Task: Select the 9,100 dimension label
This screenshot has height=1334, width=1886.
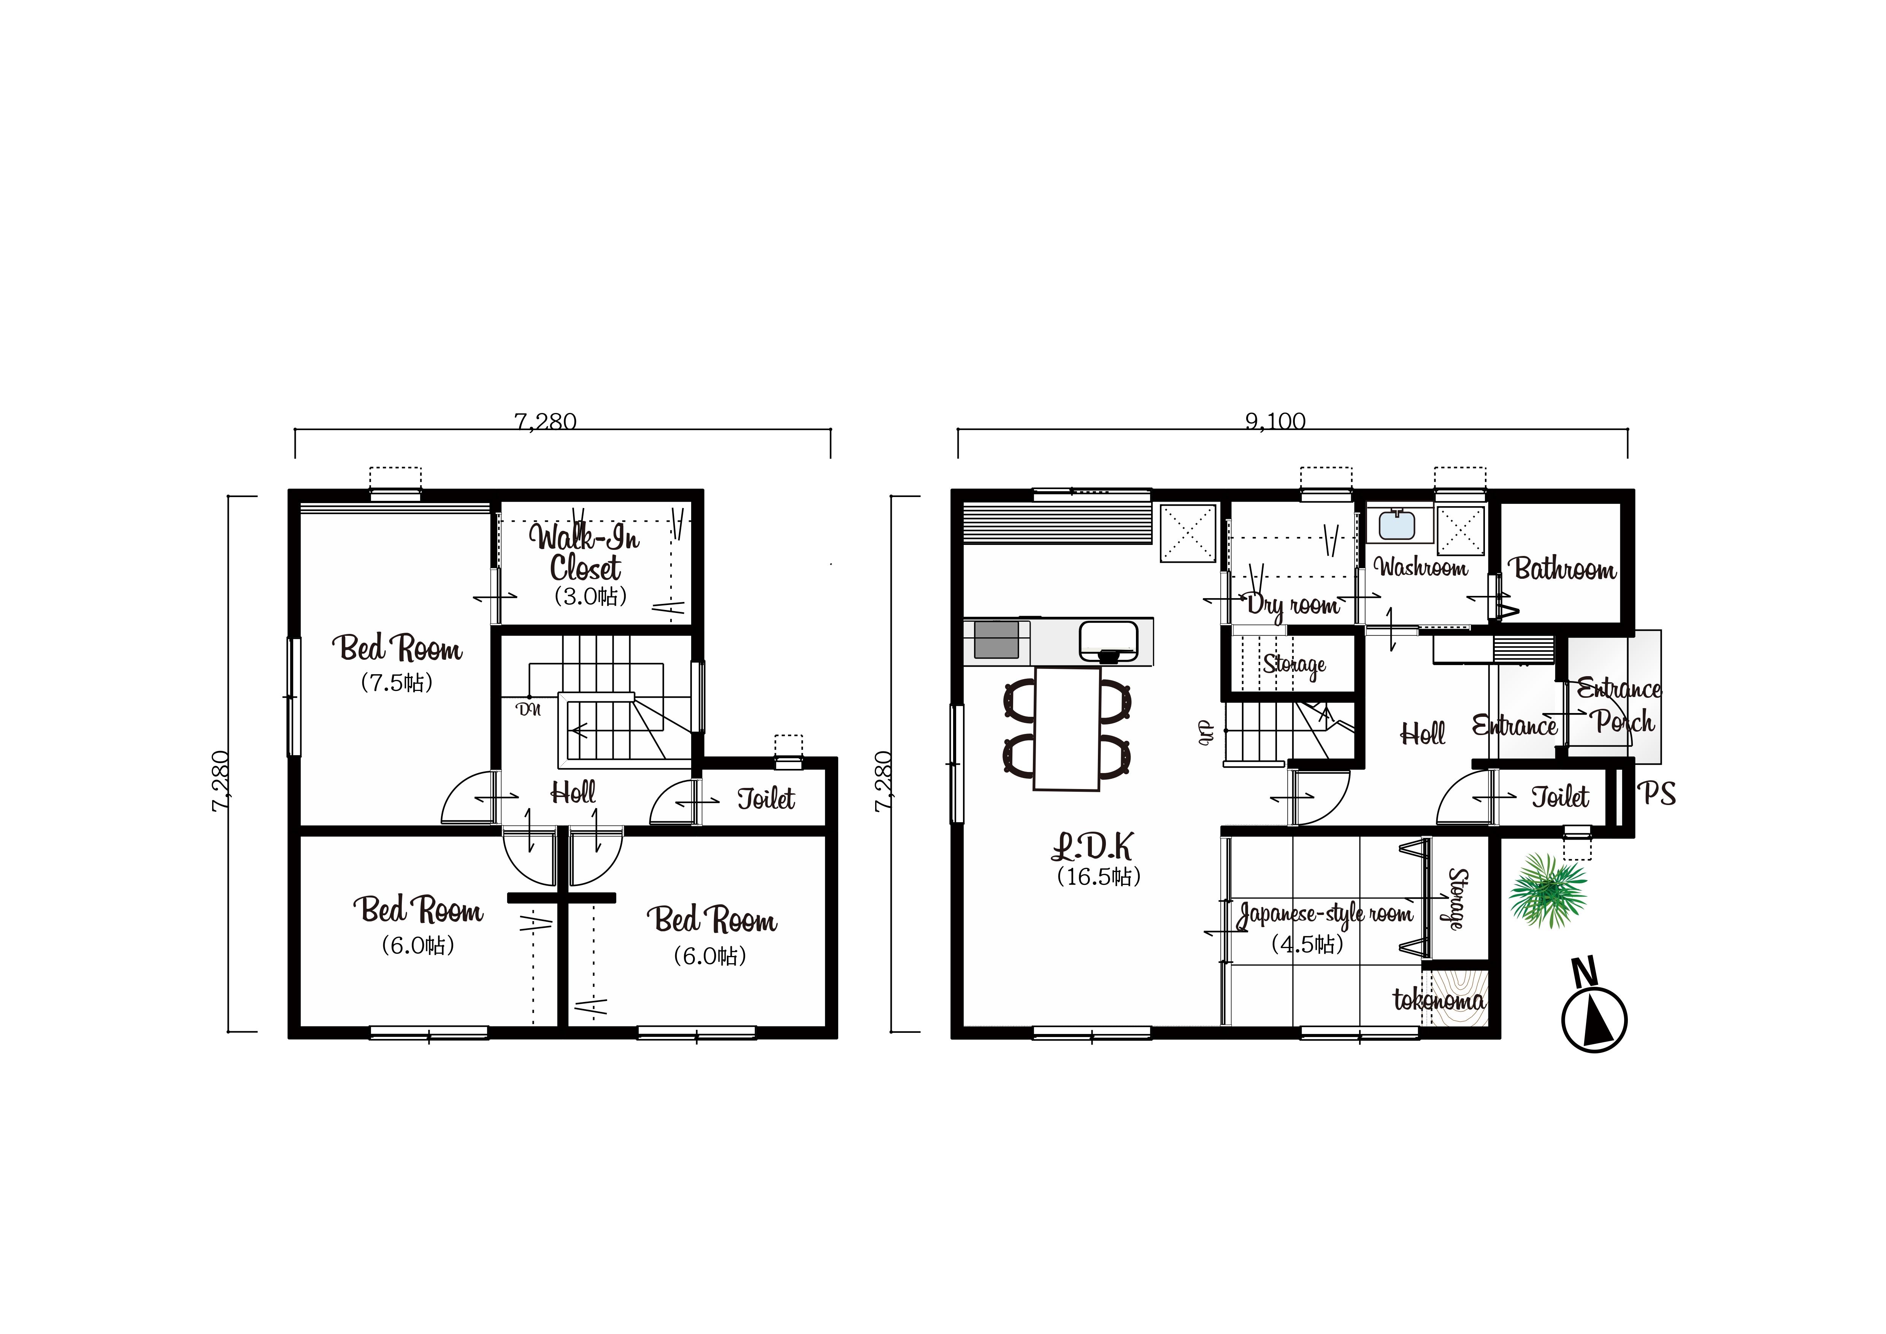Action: [1275, 421]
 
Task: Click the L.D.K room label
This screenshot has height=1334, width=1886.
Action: [1093, 846]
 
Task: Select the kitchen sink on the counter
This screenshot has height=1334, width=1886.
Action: [1109, 641]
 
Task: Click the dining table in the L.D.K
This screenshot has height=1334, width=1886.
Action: [1066, 729]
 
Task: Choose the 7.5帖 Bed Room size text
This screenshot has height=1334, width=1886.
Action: [397, 683]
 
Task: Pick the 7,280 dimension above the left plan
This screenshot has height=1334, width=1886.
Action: [546, 421]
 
